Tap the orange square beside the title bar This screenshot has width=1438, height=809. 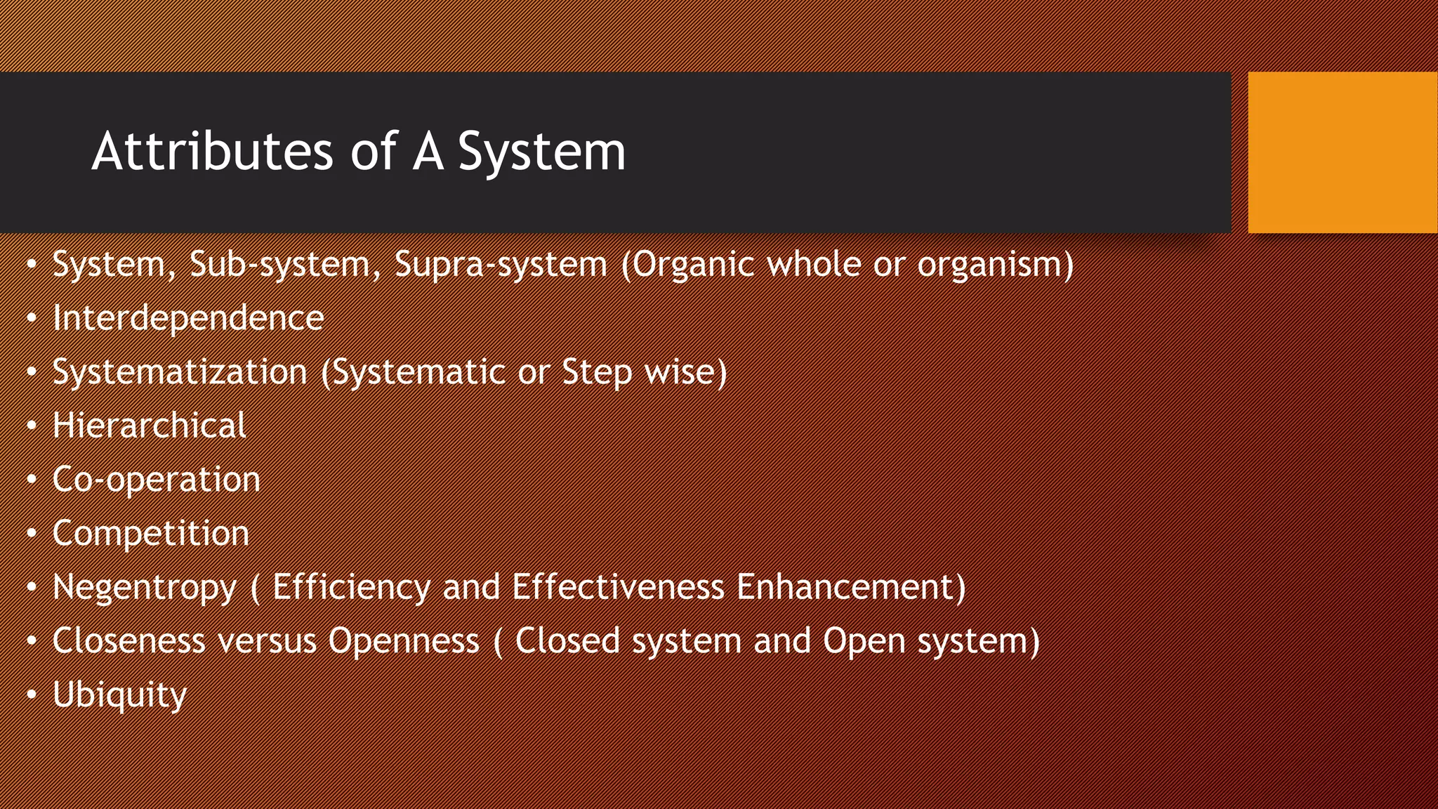(x=1342, y=152)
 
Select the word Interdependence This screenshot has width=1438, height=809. (x=188, y=317)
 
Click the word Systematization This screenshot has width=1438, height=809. (x=180, y=371)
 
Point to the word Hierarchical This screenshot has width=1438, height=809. (x=149, y=426)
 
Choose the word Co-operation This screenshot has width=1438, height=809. (x=156, y=480)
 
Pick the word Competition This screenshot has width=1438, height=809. (x=150, y=533)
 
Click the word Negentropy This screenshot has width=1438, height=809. (x=145, y=588)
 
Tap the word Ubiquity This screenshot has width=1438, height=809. (x=119, y=695)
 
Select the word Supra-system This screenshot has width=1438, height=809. (x=500, y=265)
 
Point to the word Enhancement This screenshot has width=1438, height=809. (x=850, y=587)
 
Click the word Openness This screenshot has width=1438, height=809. (x=404, y=640)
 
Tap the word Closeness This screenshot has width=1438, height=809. (x=128, y=640)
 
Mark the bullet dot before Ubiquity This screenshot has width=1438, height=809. (x=32, y=695)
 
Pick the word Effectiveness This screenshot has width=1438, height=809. (x=618, y=587)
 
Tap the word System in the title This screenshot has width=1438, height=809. (x=541, y=152)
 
